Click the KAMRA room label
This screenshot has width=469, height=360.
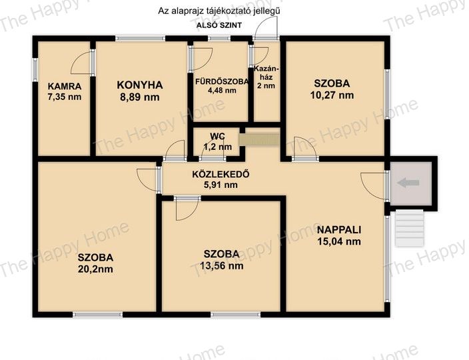[x=65, y=87]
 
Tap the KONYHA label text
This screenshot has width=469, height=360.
[x=140, y=85]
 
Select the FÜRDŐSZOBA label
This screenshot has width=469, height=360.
[x=222, y=81]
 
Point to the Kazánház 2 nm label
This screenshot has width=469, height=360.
[x=266, y=77]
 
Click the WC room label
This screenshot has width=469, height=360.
[x=217, y=136]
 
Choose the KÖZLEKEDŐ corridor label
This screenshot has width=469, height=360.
[x=221, y=174]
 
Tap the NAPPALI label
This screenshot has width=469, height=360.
[x=339, y=230]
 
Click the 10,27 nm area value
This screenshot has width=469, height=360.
[x=332, y=95]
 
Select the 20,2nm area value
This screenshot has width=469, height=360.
[x=95, y=269]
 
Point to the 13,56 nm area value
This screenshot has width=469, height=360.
[x=221, y=266]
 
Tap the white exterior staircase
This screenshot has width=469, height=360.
[x=410, y=228]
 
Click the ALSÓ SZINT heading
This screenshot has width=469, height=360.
[x=219, y=25]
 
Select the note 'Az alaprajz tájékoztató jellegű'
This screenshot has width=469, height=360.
[x=219, y=11]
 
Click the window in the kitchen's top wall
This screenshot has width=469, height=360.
[x=141, y=38]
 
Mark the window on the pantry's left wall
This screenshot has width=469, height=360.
[x=35, y=69]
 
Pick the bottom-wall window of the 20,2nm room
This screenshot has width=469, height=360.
[x=98, y=315]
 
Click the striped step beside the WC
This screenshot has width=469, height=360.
[x=259, y=140]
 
